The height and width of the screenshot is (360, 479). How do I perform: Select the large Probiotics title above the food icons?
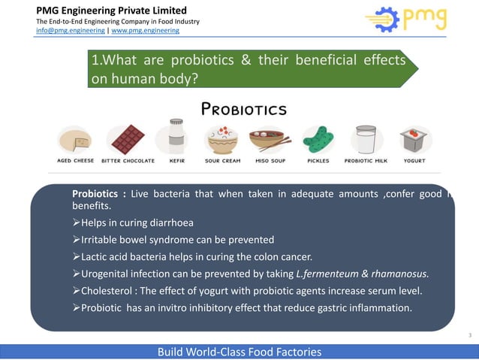(x=244, y=110)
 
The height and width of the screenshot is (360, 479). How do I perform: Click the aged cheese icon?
(x=75, y=140)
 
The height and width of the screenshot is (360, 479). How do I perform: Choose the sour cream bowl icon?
(x=222, y=140)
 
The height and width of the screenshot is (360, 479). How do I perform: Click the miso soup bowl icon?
(x=271, y=140)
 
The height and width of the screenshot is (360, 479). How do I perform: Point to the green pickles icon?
(x=318, y=140)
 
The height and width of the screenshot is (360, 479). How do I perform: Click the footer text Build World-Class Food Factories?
(x=239, y=352)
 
